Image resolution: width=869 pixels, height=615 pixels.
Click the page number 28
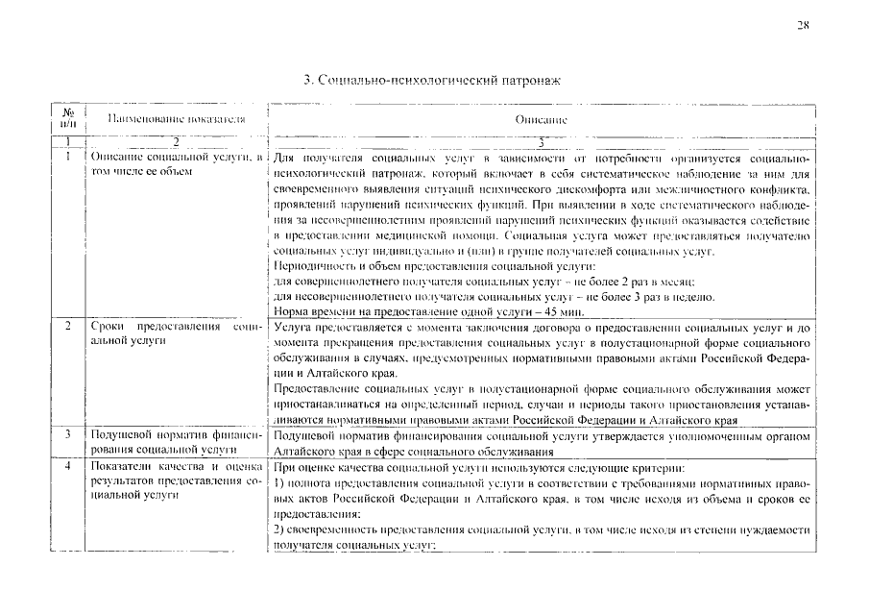coord(802,25)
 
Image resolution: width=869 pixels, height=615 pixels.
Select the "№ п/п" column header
coord(67,120)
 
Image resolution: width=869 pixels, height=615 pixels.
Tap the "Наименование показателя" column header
coord(175,120)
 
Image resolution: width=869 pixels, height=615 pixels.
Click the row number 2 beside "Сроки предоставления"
coord(67,327)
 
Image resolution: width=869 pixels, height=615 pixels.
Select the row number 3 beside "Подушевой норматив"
coord(67,435)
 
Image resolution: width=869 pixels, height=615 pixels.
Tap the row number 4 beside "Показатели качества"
coord(67,465)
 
